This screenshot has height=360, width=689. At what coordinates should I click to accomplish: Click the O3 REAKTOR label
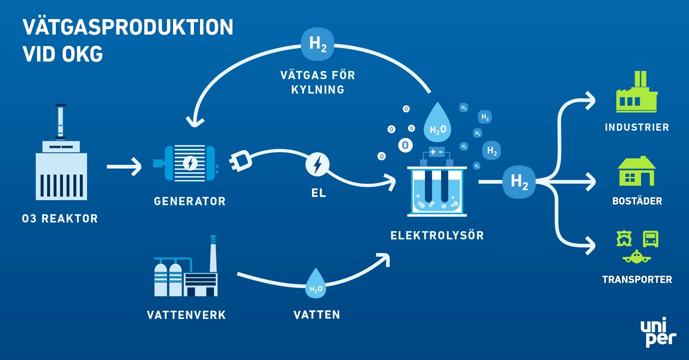pyautogui.click(x=60, y=219)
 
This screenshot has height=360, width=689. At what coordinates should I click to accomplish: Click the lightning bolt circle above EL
pyautogui.click(x=317, y=165)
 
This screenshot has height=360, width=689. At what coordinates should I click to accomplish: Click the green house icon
pyautogui.click(x=636, y=172)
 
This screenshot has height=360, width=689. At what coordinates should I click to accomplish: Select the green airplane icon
pyautogui.click(x=636, y=257)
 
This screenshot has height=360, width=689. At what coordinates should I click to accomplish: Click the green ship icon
pyautogui.click(x=624, y=239)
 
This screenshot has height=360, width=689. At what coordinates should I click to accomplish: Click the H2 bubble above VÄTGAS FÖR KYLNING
pyautogui.click(x=317, y=44)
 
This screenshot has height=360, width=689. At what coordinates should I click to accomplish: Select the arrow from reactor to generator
pyautogui.click(x=124, y=166)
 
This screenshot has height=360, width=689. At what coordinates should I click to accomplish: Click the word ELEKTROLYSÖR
pyautogui.click(x=437, y=235)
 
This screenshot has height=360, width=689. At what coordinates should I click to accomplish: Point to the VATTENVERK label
pyautogui.click(x=186, y=315)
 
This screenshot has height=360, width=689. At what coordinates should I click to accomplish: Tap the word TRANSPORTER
pyautogui.click(x=637, y=280)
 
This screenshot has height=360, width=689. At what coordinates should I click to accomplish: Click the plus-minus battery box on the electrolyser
pyautogui.click(x=436, y=152)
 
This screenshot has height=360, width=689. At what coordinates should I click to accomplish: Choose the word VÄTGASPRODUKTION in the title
pyautogui.click(x=128, y=27)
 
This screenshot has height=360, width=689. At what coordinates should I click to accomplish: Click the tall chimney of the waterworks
pyautogui.click(x=213, y=254)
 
